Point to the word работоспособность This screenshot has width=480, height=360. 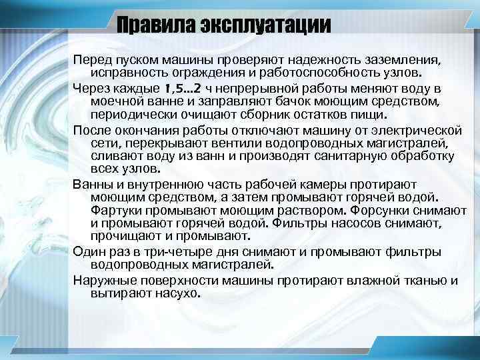click(x=333, y=72)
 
